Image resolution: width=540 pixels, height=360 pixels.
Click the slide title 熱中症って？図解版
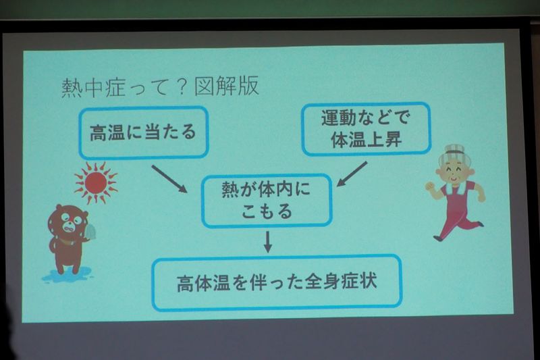click(160, 86)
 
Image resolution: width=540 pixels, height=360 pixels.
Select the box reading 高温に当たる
click(144, 132)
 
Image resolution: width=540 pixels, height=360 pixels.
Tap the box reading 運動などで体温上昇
click(367, 128)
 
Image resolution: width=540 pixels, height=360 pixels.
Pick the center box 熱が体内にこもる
click(267, 201)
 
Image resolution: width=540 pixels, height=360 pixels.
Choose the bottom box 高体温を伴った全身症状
click(277, 282)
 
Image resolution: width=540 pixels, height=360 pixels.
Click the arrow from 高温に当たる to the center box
click(169, 178)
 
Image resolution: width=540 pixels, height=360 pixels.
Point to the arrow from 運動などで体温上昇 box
click(352, 174)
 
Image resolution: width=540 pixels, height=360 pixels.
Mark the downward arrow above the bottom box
click(267, 242)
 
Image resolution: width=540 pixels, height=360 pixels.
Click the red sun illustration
click(95, 182)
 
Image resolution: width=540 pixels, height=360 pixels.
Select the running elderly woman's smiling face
click(454, 169)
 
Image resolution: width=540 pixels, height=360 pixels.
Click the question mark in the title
click(182, 87)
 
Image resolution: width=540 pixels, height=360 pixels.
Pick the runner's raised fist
click(429, 186)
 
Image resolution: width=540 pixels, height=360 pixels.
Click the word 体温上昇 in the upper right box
click(367, 140)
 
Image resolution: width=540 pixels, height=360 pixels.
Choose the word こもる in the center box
click(267, 211)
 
